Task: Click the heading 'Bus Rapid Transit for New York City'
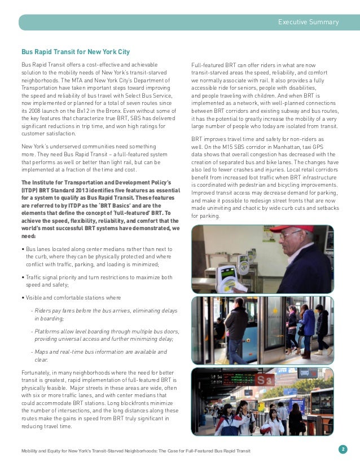(75, 52)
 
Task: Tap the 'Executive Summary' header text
(308, 22)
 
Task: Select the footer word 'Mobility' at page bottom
(32, 452)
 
